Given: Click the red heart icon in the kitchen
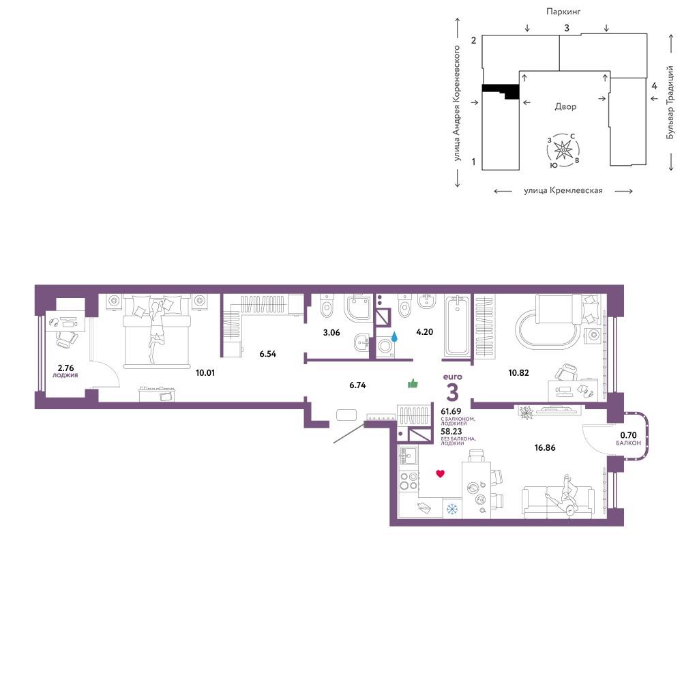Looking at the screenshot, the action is point(440,474).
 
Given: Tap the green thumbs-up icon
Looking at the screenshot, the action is point(413,383).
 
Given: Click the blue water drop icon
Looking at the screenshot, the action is point(394,336).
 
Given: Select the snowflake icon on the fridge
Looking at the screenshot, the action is point(452,509).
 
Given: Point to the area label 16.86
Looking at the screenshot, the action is point(544,447).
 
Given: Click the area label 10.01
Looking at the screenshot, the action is point(205,373).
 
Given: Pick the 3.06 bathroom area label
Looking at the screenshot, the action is point(331,333).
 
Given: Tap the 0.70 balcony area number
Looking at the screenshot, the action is point(628,435).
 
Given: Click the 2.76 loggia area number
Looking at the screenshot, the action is point(65,368).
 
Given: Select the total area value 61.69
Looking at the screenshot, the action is point(451,411).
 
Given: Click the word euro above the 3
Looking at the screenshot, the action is point(452,377).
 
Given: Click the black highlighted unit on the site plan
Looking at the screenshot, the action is point(501,91).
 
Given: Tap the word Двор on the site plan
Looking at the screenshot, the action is point(565,106).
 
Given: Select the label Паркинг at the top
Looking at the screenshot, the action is point(563,12).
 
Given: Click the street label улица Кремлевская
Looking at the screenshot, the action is point(563,190).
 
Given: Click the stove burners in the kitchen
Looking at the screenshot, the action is point(409,481).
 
